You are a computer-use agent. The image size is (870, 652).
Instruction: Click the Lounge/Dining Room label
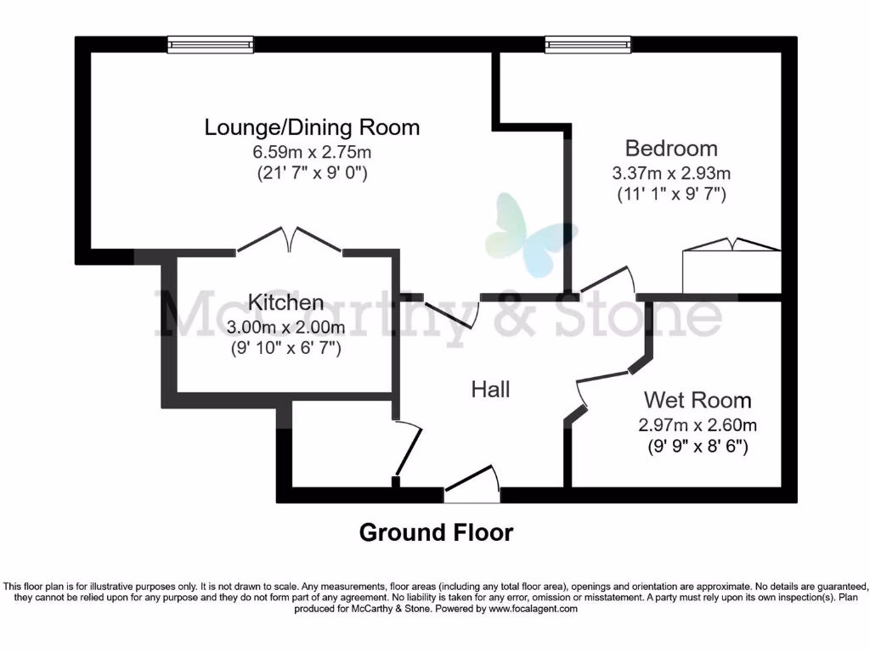tap(312, 128)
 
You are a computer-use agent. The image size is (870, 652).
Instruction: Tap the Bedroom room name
tap(671, 149)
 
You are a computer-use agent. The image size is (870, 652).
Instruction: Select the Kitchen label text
tap(285, 302)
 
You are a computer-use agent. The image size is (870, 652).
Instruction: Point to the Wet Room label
tap(698, 400)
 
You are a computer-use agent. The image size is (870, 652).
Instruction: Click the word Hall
tap(491, 390)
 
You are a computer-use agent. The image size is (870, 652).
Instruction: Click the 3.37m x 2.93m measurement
tap(671, 173)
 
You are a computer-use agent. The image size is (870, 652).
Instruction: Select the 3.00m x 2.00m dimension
tap(285, 327)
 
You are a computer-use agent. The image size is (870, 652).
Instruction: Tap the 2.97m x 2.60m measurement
tap(698, 424)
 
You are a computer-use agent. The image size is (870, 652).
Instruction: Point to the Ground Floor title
tap(436, 533)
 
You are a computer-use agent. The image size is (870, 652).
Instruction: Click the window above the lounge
tap(211, 44)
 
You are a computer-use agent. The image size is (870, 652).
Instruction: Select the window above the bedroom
tap(588, 44)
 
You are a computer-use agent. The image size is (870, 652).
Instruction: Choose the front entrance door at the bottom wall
tap(472, 481)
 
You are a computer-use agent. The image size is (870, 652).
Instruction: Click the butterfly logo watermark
tap(530, 233)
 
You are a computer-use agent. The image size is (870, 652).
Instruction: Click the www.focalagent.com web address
tap(533, 609)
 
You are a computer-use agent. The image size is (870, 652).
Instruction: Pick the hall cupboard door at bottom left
tap(409, 449)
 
